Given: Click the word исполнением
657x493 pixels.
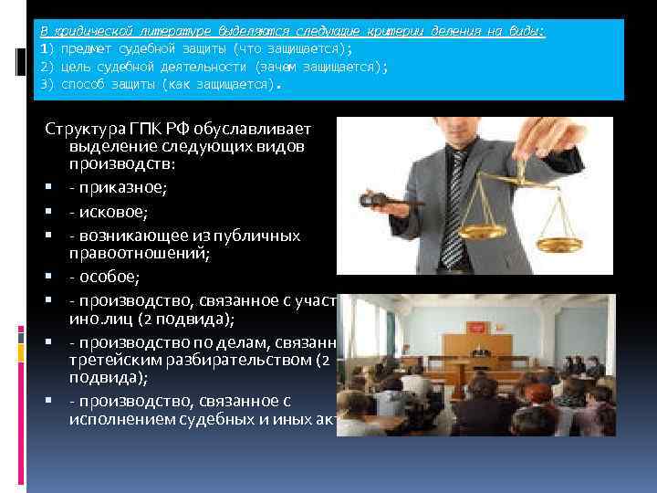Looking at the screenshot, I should click(117, 419).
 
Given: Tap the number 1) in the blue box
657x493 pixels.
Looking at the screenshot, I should click(48, 47).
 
